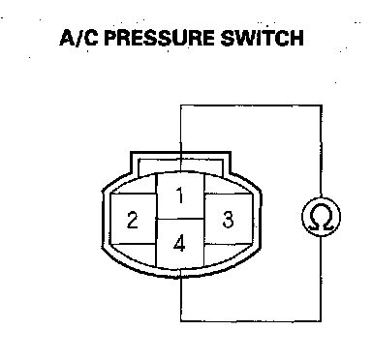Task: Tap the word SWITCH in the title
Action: [x=262, y=38]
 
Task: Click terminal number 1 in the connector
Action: [x=180, y=196]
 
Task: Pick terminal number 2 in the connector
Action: [x=133, y=220]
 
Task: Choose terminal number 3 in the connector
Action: [x=228, y=220]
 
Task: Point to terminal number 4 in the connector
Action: [x=179, y=243]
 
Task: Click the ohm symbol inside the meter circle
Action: [x=321, y=217]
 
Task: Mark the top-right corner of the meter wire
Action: [x=322, y=105]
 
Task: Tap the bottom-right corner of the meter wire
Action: [x=321, y=321]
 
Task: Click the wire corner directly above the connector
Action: [x=180, y=105]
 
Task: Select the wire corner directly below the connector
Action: [x=180, y=321]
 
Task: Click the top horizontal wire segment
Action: [x=251, y=105]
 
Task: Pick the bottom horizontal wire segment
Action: [x=251, y=321]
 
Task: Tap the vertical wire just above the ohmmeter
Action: [x=322, y=151]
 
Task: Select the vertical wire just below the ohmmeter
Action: [x=321, y=279]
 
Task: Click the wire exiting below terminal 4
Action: [x=180, y=299]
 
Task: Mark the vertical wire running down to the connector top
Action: [x=180, y=138]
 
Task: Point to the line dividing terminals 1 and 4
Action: [x=180, y=220]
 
